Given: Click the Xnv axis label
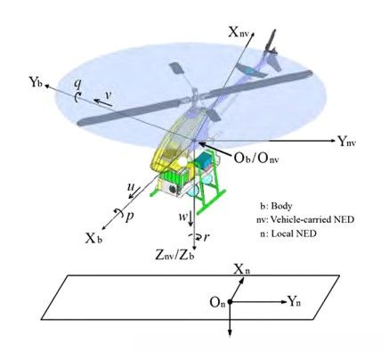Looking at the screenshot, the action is [x=238, y=32].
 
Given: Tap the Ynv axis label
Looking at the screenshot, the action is [x=347, y=142].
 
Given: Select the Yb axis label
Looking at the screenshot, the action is [x=36, y=81].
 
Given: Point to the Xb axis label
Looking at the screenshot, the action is [x=93, y=239].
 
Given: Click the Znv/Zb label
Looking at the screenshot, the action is [x=175, y=255].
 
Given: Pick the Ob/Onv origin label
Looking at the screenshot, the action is [x=256, y=159].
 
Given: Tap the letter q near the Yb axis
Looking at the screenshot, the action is [x=77, y=85].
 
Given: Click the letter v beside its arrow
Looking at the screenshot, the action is [x=109, y=94].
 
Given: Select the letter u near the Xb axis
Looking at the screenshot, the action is [x=131, y=187].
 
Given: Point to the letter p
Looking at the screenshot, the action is [x=129, y=217].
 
